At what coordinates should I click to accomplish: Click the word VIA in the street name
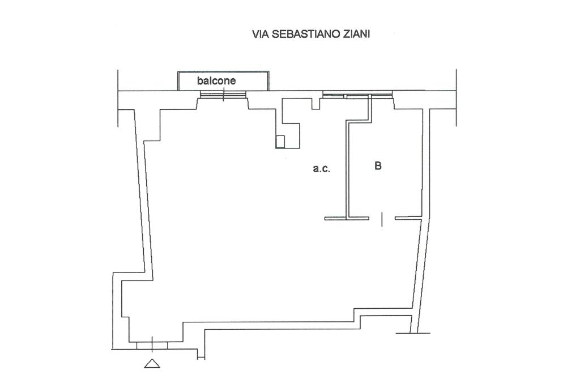260,35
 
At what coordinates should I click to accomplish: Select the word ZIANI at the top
355,35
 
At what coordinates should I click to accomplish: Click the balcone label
216,81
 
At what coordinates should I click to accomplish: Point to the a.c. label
321,168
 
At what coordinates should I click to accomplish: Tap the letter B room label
378,166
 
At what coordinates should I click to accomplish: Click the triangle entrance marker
152,364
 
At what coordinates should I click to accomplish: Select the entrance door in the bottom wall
152,345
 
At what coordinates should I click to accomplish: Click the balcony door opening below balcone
222,95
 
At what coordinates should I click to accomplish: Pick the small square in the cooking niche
280,141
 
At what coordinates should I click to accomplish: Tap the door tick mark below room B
382,219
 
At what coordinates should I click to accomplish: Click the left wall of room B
347,170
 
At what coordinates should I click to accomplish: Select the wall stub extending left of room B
335,218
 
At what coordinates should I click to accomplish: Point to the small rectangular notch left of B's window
315,104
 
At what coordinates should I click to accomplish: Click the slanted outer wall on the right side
424,227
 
